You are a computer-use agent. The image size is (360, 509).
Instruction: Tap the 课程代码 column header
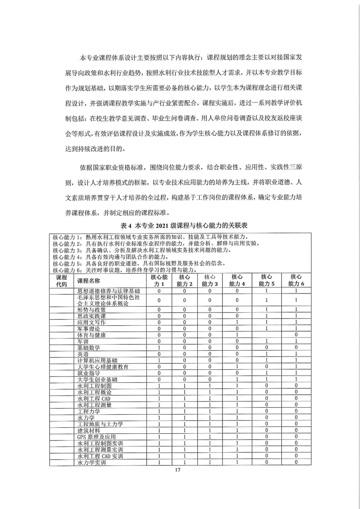61,280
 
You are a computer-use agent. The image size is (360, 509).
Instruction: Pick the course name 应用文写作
91,322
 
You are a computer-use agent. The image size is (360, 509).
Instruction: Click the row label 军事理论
88,328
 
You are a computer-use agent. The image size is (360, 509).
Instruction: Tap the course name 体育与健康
91,335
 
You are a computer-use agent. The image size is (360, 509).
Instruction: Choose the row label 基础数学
88,347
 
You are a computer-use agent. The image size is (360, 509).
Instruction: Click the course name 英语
83,354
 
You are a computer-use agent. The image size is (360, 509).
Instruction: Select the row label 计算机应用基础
97,360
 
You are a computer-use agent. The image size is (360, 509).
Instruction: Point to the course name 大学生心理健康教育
103,367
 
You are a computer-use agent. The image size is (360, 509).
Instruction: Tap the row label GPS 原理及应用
95,436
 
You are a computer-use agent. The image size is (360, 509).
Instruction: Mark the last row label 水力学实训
91,462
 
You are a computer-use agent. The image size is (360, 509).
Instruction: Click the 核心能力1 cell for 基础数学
159,347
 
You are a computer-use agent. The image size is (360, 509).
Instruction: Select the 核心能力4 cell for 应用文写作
237,322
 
